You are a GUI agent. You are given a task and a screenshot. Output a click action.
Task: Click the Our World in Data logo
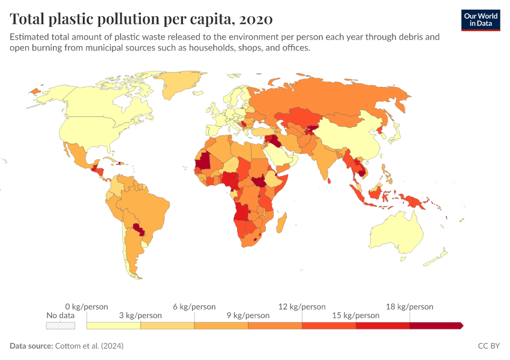tap(481, 20)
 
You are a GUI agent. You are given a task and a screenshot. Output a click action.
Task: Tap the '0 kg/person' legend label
tap(86, 307)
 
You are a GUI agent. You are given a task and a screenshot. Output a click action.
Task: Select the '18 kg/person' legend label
tap(409, 307)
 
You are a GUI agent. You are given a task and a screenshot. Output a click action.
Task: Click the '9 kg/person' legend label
tap(248, 316)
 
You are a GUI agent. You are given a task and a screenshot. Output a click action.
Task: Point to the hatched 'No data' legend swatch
tap(61, 326)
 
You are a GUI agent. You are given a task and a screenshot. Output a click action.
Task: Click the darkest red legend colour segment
tap(436, 326)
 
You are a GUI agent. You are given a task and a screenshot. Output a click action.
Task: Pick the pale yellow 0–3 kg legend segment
tap(113, 326)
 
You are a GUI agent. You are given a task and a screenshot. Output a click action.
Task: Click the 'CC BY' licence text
tap(488, 346)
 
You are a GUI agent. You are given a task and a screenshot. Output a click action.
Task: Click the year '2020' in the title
tap(256, 19)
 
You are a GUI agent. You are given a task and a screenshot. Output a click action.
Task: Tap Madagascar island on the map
tap(281, 223)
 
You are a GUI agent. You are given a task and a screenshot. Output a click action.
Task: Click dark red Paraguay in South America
tap(139, 229)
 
